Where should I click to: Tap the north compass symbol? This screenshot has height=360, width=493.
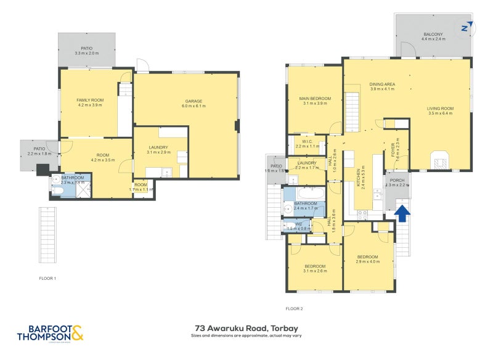(x=467, y=27)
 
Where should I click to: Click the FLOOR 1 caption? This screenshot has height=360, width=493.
(x=47, y=279)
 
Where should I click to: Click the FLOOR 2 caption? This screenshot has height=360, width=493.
(x=295, y=308)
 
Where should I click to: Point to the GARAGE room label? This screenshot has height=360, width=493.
(x=194, y=101)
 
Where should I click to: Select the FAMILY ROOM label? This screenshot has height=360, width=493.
(x=90, y=100)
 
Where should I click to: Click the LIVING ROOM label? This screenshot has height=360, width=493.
(x=440, y=108)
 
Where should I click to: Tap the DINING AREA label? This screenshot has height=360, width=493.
(x=382, y=84)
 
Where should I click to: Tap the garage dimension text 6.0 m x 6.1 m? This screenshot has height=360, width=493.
(x=194, y=107)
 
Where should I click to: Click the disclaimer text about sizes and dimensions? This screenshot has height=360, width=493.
(x=246, y=336)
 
